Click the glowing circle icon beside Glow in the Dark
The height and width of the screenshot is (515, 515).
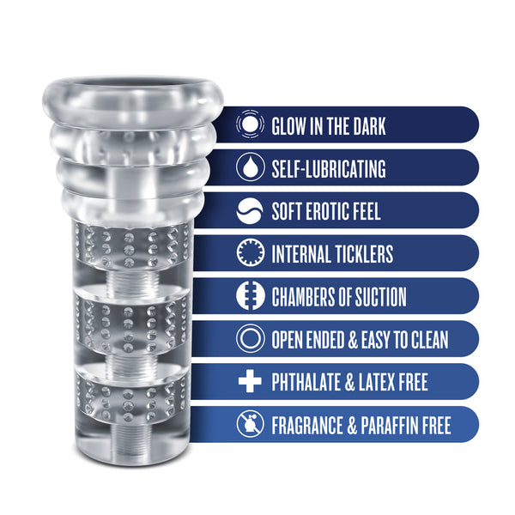[250, 124]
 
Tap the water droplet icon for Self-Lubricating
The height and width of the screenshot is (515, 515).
[250, 167]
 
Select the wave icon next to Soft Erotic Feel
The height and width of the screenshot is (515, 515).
[250, 210]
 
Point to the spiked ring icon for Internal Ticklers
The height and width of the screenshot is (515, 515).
[250, 252]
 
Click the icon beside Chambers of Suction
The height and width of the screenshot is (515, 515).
[250, 295]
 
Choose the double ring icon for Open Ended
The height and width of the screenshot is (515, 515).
[250, 338]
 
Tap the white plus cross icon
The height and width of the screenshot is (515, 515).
[250, 381]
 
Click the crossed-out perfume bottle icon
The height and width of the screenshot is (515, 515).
[250, 424]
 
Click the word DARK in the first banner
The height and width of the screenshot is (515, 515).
[369, 126]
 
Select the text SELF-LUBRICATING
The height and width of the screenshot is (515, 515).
[329, 169]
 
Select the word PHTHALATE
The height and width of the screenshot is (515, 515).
[306, 382]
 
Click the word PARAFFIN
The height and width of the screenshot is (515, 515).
[391, 426]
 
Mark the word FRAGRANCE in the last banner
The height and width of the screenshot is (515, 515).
[307, 426]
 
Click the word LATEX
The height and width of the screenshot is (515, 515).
[377, 382]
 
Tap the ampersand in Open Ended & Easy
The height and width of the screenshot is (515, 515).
[353, 340]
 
